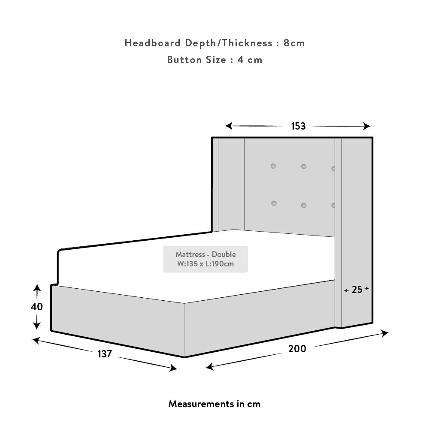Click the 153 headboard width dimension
(x=298, y=126)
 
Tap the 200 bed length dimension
(x=297, y=349)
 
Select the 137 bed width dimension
(x=105, y=354)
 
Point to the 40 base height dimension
(x=36, y=307)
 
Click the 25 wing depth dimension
(x=357, y=290)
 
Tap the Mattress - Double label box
(x=205, y=259)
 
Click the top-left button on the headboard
(x=273, y=166)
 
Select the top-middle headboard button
(x=304, y=166)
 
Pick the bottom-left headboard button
(x=274, y=203)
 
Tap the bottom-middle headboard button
(x=304, y=205)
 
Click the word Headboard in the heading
(x=153, y=43)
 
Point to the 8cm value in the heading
(x=294, y=43)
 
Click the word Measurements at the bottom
(x=201, y=404)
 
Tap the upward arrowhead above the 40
(x=37, y=288)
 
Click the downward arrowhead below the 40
(x=36, y=326)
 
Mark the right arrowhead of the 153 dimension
(x=367, y=126)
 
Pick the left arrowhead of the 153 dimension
(x=229, y=126)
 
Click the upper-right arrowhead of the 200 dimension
(x=385, y=333)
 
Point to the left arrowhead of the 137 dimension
(x=36, y=341)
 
